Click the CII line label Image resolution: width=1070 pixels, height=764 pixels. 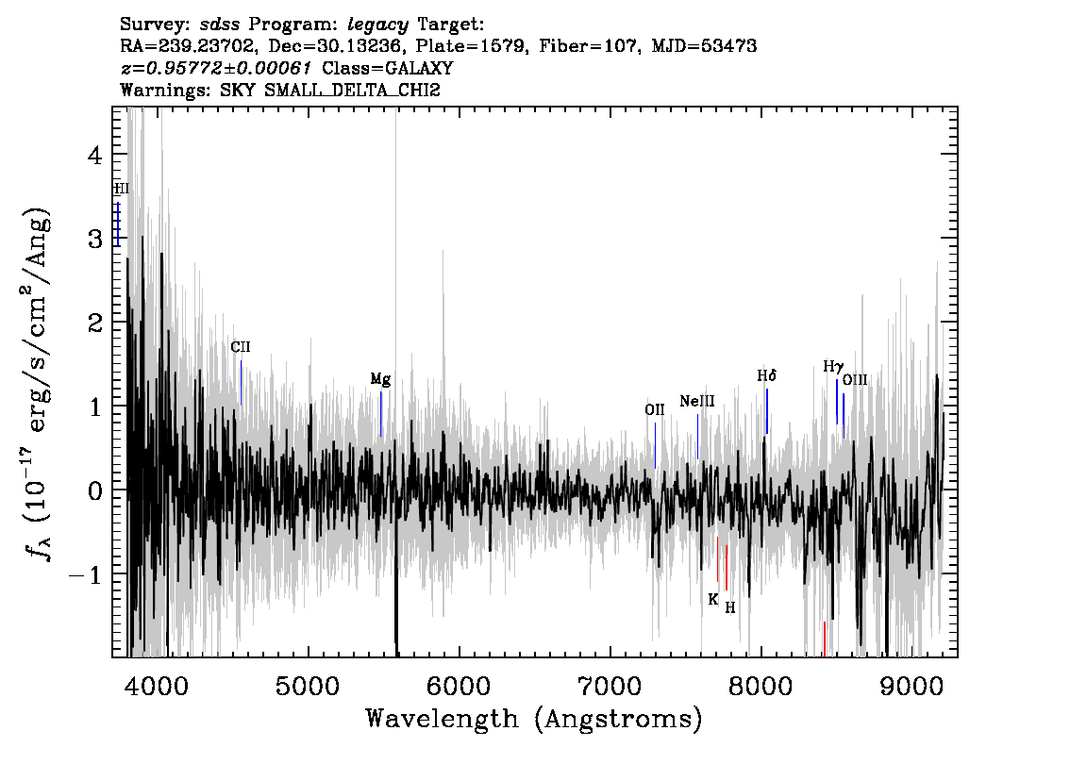point(241,347)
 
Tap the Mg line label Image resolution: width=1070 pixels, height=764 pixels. point(381,379)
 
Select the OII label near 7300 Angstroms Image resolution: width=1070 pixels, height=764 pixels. point(655,410)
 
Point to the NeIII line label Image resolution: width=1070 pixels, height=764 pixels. point(697,401)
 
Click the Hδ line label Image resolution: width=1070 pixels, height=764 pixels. point(767,375)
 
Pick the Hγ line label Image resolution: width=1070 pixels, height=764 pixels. point(833,367)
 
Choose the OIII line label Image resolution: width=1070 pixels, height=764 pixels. point(855,380)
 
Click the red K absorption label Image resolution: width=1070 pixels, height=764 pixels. point(713,600)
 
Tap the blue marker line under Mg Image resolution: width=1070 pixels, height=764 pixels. point(381,414)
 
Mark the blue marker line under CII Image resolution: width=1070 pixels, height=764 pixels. point(241,383)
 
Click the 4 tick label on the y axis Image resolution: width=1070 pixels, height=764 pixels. point(95,156)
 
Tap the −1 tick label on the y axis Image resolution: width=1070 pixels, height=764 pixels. point(85,575)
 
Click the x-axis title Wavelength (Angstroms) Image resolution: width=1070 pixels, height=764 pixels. point(534,719)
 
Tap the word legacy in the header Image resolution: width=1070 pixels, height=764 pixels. point(378,25)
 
